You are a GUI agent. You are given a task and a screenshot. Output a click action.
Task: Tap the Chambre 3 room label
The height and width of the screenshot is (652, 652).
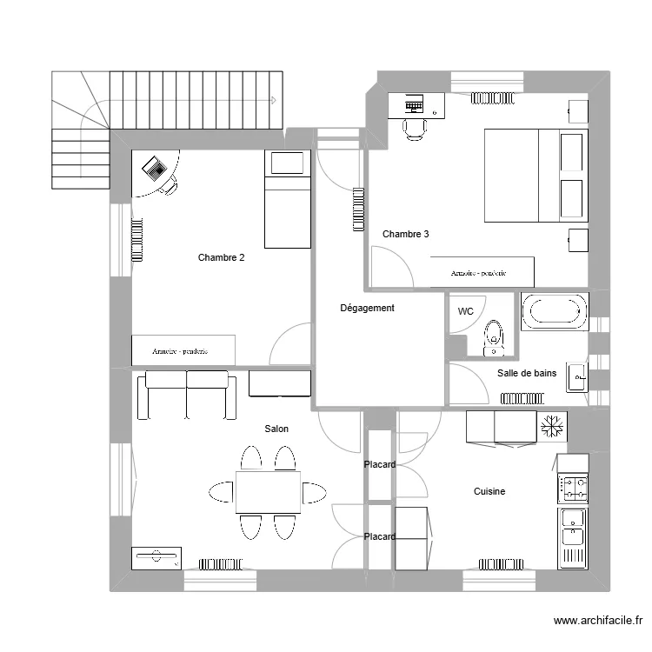pos(405,234)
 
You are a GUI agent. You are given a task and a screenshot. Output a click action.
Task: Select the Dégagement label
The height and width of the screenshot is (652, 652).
pos(367,308)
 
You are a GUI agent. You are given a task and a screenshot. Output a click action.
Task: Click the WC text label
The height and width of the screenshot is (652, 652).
pos(465,311)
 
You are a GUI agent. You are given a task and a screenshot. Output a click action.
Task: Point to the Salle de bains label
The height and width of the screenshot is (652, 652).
pos(526,373)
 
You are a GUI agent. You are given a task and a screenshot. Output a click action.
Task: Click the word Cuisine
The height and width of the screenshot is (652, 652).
pos(489,491)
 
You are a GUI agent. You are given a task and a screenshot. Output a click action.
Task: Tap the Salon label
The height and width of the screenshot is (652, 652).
pos(276,429)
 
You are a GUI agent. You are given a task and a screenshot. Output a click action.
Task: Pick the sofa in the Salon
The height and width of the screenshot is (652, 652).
pos(187,393)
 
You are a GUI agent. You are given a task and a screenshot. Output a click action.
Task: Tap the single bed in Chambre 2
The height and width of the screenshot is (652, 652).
pos(287,199)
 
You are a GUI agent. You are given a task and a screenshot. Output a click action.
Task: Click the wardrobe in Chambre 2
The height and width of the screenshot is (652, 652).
pos(183,349)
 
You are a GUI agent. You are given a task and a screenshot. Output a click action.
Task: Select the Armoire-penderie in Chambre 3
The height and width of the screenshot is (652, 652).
pos(480,272)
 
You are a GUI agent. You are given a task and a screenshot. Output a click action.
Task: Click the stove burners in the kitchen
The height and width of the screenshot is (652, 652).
pos(573,487)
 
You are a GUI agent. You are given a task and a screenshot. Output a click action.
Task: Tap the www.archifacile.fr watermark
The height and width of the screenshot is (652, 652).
pos(597,621)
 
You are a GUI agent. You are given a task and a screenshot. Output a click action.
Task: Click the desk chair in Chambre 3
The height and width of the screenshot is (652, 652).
pos(415,129)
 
